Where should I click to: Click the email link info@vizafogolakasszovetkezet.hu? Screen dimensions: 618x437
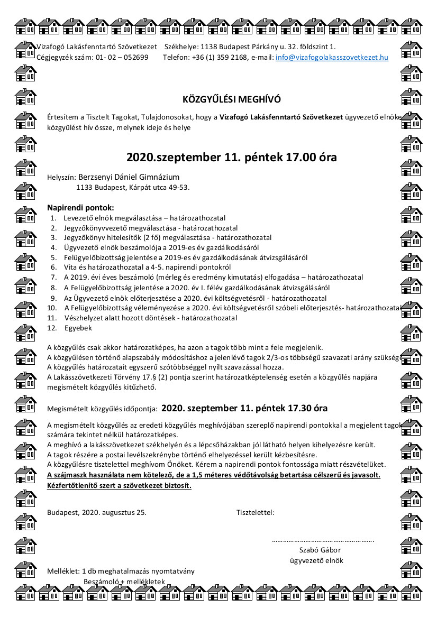pyautogui.click(x=332, y=57)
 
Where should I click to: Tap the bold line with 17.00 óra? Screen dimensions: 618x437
pyautogui.click(x=231, y=158)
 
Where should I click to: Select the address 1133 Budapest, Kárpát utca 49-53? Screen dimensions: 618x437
pyautogui.click(x=133, y=187)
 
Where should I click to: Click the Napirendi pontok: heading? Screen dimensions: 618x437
pyautogui.click(x=80, y=208)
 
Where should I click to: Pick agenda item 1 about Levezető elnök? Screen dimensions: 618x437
pyautogui.click(x=144, y=218)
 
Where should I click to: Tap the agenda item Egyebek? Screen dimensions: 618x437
pyautogui.click(x=78, y=328)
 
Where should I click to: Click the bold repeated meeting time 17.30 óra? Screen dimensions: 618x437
pyautogui.click(x=244, y=408)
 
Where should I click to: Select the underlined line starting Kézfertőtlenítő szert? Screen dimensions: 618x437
pyautogui.click(x=119, y=485)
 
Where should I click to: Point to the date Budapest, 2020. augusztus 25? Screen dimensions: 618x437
pyautogui.click(x=97, y=512)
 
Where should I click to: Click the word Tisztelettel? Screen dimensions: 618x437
pyautogui.click(x=255, y=512)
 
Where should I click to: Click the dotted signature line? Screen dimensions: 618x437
pyautogui.click(x=323, y=540)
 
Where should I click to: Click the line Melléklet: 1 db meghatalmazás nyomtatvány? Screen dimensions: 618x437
pyautogui.click(x=121, y=571)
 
